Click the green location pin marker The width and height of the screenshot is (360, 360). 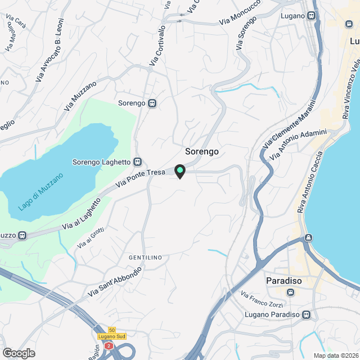179,170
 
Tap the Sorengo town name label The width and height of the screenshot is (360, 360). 201,152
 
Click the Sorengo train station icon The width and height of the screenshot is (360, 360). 152,103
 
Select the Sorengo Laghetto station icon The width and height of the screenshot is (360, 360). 137,161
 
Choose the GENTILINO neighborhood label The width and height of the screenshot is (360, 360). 145,258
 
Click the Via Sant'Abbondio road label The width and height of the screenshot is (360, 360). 115,282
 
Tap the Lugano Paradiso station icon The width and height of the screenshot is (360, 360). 306,314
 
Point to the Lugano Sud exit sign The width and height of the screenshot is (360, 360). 112,336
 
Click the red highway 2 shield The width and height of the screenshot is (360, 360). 109,346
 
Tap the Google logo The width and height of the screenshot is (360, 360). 19,353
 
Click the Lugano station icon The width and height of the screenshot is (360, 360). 312,16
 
